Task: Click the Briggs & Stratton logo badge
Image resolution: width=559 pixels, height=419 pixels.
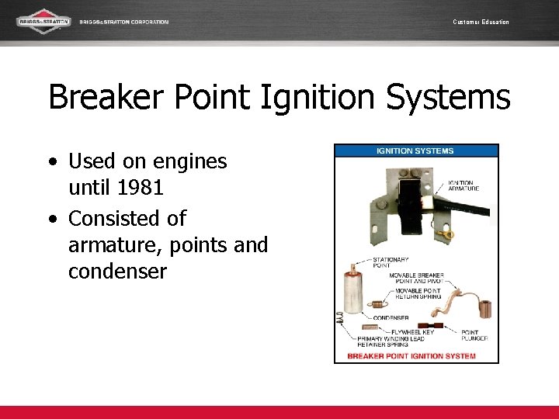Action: (x=44, y=21)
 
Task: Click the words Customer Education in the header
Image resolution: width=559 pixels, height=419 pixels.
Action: (x=481, y=22)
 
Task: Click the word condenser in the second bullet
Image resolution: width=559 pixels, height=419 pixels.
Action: (x=117, y=272)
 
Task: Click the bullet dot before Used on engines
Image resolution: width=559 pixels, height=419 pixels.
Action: (x=51, y=162)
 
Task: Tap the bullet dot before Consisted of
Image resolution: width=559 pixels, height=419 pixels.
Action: (x=51, y=219)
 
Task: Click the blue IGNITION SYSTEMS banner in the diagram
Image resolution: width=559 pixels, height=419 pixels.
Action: (x=416, y=151)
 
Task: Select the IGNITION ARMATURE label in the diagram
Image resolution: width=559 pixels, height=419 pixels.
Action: (x=464, y=185)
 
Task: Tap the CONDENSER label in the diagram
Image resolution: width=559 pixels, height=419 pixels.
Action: (x=391, y=317)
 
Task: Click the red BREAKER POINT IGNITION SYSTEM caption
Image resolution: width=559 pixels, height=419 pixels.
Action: (x=411, y=356)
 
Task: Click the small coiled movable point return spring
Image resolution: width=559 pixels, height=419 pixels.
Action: (x=379, y=304)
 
